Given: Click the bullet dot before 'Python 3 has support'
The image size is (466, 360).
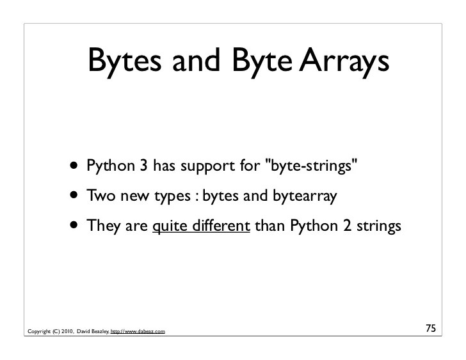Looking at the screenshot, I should (76, 168).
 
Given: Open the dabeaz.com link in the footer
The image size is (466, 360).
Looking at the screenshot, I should (138, 331).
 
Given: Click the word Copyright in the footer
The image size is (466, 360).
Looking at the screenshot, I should (36, 331).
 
